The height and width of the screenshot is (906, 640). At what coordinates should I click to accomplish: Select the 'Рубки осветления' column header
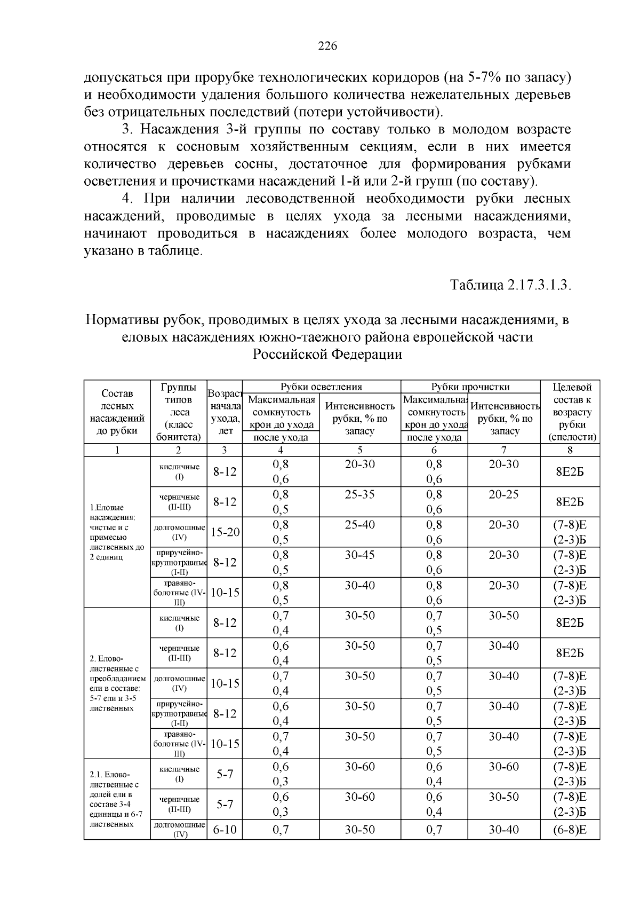pyautogui.click(x=321, y=387)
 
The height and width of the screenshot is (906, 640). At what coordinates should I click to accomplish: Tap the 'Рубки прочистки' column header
pyautogui.click(x=470, y=387)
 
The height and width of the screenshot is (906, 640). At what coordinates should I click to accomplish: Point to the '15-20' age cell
pyautogui.click(x=225, y=532)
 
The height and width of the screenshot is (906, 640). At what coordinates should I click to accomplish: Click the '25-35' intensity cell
pyautogui.click(x=359, y=494)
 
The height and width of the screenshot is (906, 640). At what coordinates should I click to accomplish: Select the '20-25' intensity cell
pyautogui.click(x=503, y=494)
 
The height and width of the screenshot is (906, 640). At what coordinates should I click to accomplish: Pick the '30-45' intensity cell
pyautogui.click(x=359, y=555)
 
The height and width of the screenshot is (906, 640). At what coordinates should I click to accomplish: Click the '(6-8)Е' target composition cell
pyautogui.click(x=570, y=830)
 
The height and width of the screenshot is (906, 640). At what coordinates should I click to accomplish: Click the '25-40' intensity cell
pyautogui.click(x=359, y=525)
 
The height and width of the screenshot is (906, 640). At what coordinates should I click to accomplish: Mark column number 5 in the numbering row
pyautogui.click(x=359, y=450)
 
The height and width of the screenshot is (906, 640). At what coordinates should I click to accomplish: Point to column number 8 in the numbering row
pyautogui.click(x=570, y=450)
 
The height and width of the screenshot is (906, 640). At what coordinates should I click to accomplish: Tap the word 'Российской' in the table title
pyautogui.click(x=283, y=354)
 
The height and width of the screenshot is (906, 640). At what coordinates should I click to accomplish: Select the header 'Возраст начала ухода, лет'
pyautogui.click(x=225, y=412)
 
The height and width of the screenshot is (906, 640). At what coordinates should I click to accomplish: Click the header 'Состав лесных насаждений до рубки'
pyautogui.click(x=117, y=412)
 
